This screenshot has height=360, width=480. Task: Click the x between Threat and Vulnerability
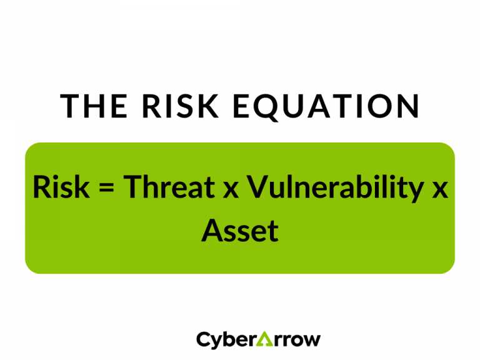pyautogui.click(x=231, y=190)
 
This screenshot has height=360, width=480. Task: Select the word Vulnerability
pyautogui.click(x=332, y=189)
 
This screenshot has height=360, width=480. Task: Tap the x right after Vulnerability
pyautogui.click(x=440, y=190)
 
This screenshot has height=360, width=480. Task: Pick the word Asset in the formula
pyautogui.click(x=239, y=231)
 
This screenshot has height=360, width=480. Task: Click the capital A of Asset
pyautogui.click(x=211, y=231)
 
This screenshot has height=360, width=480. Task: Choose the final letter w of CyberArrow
pyautogui.click(x=312, y=341)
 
